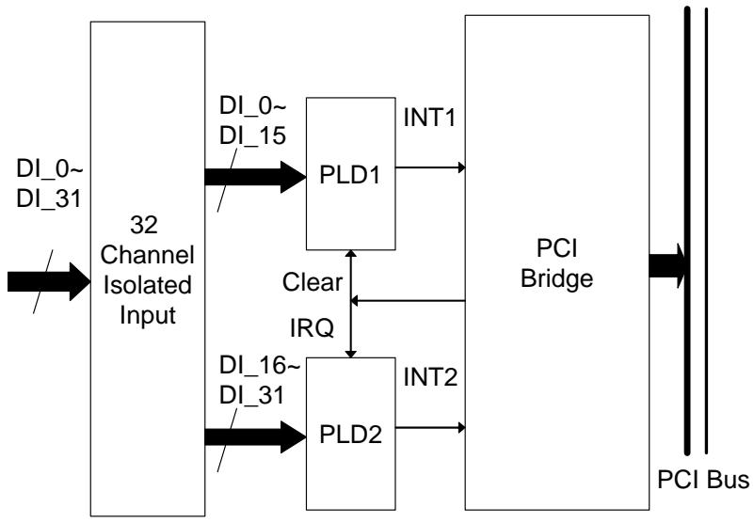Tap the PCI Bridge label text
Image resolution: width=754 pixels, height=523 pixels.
coord(557,263)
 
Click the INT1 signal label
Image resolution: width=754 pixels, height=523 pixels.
coord(429,118)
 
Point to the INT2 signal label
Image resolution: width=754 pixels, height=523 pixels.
coord(430,377)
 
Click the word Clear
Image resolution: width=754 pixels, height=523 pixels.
coord(313,282)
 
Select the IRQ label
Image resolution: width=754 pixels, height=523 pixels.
coord(312,328)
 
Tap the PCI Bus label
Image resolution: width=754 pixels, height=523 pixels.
coord(703,480)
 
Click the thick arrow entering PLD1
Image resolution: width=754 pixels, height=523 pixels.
coord(255,177)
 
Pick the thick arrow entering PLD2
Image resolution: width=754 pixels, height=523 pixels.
coord(255,437)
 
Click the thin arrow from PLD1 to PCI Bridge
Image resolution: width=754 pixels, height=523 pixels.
coord(430,167)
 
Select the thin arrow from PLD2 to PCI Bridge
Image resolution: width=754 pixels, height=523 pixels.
coord(430,427)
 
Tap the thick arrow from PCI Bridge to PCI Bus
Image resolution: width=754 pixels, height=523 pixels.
coord(667,266)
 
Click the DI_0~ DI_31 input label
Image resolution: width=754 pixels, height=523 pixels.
coord(49,183)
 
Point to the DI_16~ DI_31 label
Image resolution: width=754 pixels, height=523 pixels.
coord(260,381)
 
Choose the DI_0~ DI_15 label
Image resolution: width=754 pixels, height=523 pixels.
coord(253,120)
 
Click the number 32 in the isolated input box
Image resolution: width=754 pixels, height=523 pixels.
coord(144,225)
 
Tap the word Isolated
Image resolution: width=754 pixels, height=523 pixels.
coord(148,285)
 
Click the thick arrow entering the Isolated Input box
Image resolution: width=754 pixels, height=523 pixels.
coord(49,281)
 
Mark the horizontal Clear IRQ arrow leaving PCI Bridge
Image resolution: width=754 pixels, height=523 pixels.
coord(408,301)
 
